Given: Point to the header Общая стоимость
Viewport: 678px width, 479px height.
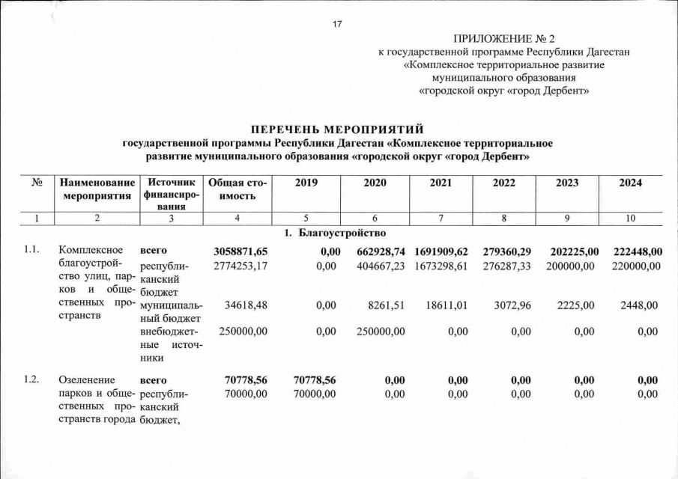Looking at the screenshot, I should click(237, 189).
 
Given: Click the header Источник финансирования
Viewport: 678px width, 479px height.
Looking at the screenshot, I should click(172, 195).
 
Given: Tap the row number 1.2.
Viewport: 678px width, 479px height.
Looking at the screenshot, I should click(31, 380).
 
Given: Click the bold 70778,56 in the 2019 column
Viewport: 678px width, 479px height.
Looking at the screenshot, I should click(313, 380).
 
